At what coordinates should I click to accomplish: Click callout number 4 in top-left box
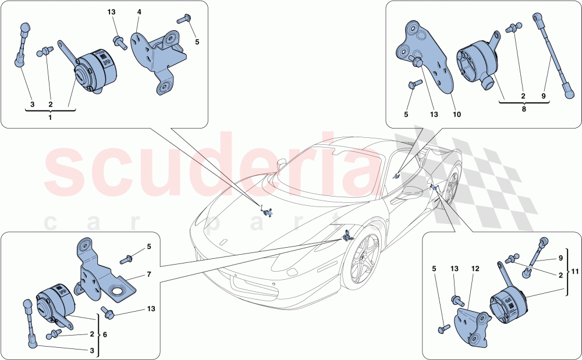click(x=139, y=12)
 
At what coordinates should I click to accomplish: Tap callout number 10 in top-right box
click(x=456, y=115)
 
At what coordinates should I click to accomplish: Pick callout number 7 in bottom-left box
click(x=149, y=273)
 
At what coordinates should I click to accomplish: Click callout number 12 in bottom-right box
click(x=475, y=269)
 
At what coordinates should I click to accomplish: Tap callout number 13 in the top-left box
click(x=111, y=12)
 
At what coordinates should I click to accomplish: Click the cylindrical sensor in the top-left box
click(x=95, y=71)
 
